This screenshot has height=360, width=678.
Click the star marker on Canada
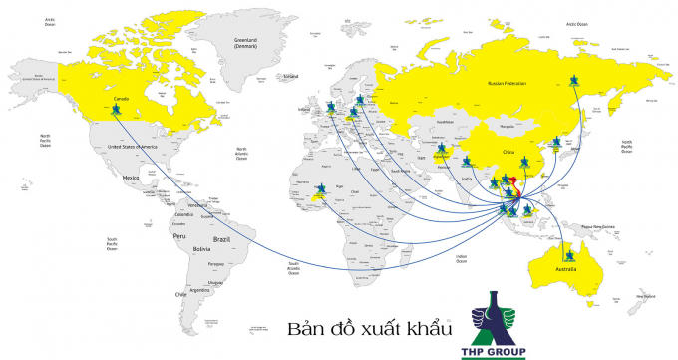click(x=117, y=109)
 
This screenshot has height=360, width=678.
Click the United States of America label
click(x=133, y=147)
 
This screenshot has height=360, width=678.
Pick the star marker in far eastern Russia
click(x=574, y=81)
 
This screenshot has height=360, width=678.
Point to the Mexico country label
click(x=131, y=177)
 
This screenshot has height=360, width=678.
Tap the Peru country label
click(x=179, y=236)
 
